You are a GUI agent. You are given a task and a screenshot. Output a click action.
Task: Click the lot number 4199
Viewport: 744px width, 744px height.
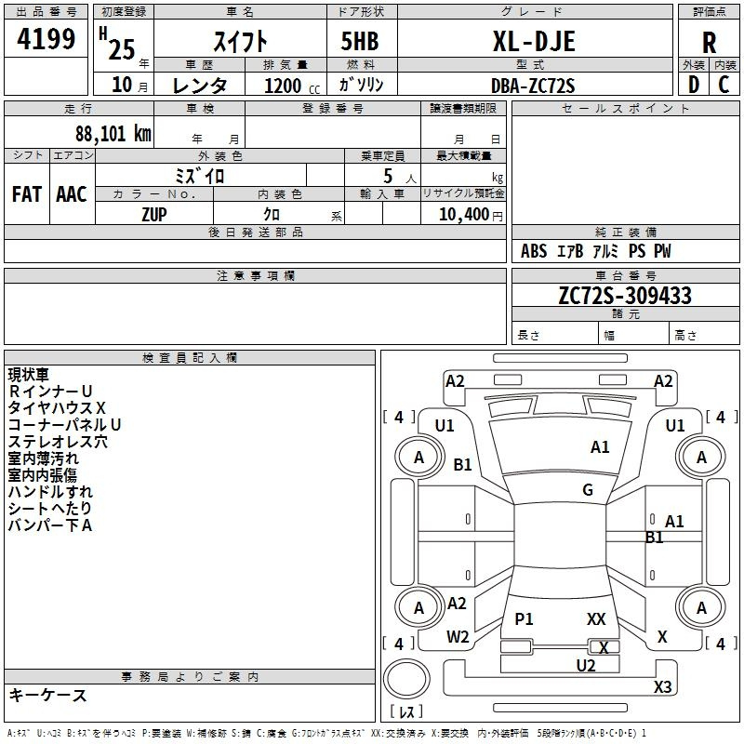(46, 39)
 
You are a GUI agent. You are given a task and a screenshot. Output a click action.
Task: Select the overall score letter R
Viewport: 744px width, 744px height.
(709, 43)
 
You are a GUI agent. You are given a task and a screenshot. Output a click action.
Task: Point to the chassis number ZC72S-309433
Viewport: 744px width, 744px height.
(624, 296)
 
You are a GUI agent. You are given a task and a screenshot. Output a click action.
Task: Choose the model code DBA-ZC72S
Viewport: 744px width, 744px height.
(533, 86)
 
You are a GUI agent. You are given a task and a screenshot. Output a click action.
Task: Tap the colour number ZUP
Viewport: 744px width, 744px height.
(154, 213)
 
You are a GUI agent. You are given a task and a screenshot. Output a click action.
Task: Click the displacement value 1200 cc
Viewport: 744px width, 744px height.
(288, 86)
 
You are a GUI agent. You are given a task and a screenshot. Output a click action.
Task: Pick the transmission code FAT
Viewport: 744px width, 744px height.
(27, 193)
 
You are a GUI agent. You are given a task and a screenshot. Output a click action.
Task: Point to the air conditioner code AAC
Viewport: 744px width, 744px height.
(72, 193)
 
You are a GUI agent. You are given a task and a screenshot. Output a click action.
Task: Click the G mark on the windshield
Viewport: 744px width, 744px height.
(588, 490)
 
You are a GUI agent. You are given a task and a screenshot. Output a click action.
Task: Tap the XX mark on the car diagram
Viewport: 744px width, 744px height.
(596, 618)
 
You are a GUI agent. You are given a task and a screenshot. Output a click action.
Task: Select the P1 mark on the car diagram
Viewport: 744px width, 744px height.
(525, 619)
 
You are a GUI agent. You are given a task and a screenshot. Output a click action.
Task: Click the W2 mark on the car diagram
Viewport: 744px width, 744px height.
(458, 637)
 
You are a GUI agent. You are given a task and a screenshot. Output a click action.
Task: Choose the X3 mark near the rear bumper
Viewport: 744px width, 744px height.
(662, 687)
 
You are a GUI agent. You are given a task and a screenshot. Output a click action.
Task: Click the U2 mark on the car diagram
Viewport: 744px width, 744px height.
(586, 665)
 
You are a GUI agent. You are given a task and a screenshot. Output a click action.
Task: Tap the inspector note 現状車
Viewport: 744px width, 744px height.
(29, 375)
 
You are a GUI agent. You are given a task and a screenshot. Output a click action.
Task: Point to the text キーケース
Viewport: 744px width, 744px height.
(47, 695)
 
